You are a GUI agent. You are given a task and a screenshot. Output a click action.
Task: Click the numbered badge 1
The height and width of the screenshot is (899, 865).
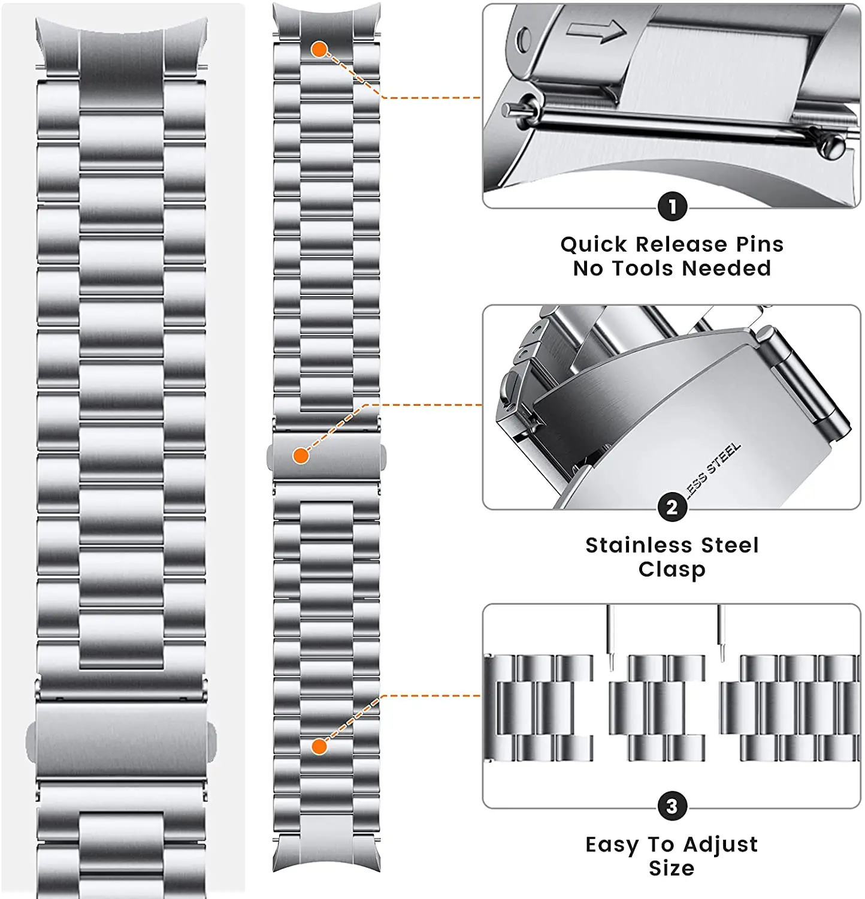pos(672,207)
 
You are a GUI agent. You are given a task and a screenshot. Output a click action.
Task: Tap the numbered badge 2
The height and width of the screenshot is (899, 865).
pos(672,508)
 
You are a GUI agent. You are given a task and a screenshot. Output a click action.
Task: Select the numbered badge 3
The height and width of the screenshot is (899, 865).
pos(672,806)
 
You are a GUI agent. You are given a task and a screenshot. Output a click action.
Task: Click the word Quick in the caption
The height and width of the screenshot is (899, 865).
pos(594,245)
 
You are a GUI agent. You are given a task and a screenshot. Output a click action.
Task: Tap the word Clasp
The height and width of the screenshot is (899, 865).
pos(672,569)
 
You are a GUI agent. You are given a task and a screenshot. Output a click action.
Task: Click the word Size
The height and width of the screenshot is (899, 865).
pos(672,868)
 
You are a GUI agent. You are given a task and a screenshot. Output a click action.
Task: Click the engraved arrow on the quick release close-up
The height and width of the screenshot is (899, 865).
pos(595,31)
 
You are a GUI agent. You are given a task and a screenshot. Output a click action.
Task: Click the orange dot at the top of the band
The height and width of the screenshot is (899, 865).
pos(319,50)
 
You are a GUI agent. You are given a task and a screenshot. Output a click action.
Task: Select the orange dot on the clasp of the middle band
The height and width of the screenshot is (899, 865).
pos(301,456)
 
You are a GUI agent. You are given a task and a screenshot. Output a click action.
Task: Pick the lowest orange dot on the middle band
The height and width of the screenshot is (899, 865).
pos(319,746)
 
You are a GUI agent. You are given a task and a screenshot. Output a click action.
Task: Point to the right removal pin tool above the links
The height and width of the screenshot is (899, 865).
pos(721,633)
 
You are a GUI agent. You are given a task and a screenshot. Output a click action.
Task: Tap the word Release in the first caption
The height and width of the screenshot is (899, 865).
pos(680,245)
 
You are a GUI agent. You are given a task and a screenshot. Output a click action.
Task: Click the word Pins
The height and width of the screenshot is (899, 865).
pos(760,245)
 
